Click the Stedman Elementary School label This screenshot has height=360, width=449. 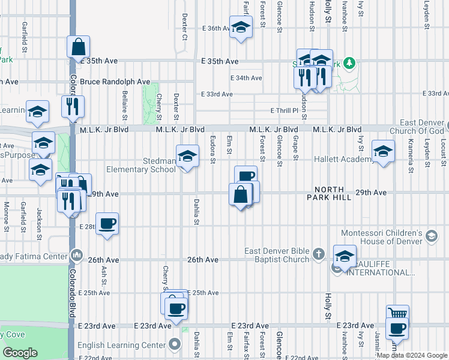(142, 165)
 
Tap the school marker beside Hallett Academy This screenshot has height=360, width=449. (383, 151)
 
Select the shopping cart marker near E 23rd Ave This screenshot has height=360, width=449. (398, 314)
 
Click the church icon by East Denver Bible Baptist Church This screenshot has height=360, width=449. (319, 255)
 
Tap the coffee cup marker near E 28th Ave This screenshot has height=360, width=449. (107, 223)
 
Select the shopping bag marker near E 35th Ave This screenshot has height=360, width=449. (79, 46)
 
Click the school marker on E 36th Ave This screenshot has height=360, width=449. (241, 27)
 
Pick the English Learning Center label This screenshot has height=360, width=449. (122, 345)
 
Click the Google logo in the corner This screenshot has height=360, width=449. (20, 353)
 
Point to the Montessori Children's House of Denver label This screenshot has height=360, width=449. (383, 237)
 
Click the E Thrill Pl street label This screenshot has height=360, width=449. (288, 110)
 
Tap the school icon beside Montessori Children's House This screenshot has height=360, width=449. (431, 237)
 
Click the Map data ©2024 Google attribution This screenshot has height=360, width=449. (412, 355)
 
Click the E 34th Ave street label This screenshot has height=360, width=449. (246, 78)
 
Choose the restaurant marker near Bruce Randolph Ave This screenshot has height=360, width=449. (73, 106)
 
